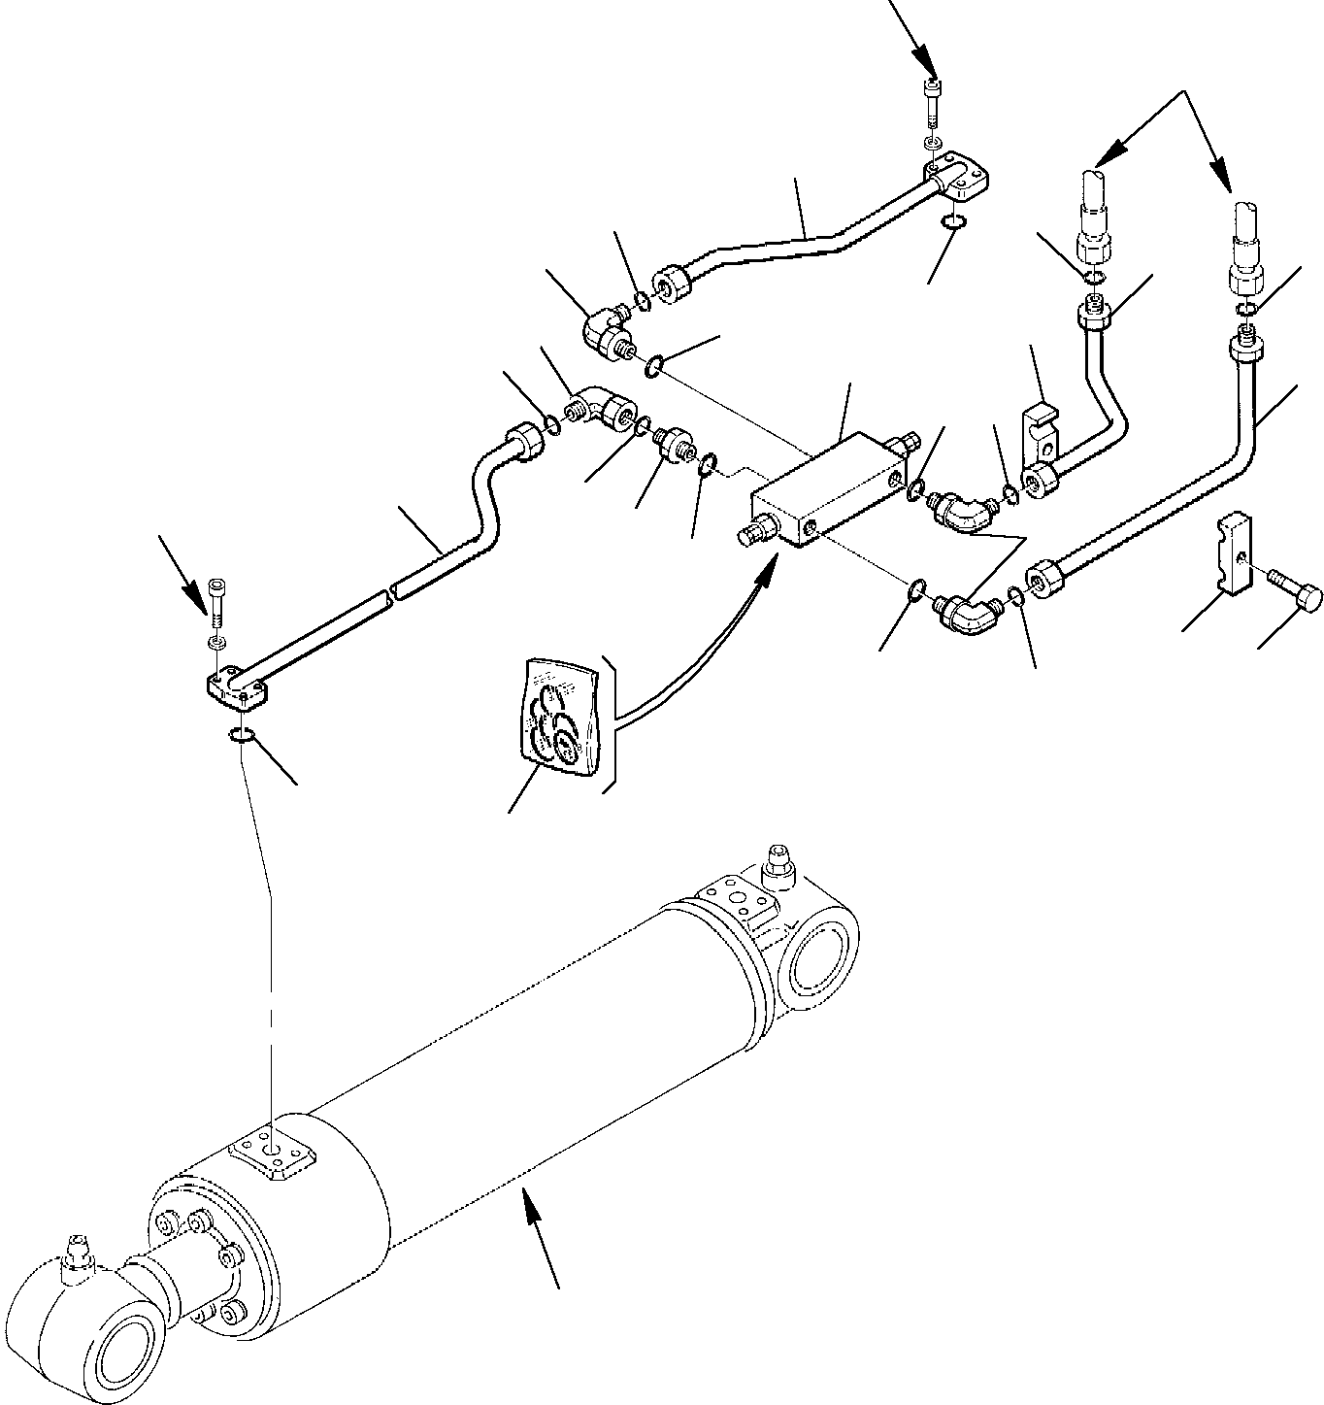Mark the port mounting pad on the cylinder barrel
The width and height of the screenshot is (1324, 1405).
tap(273, 1156)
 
